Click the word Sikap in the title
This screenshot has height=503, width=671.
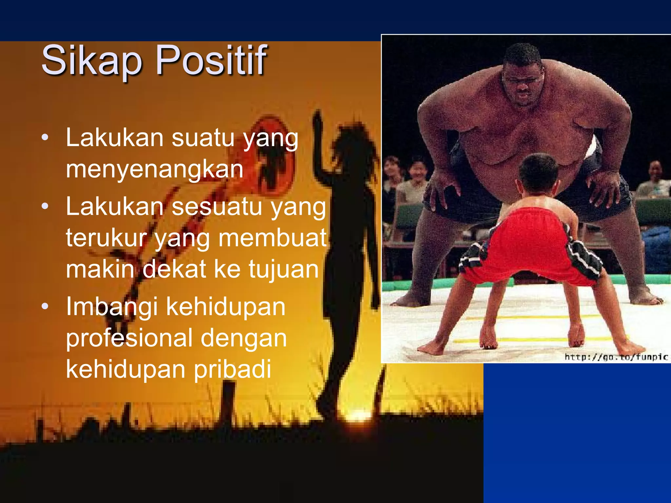coord(92,61)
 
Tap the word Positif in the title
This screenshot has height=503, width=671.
coord(211,61)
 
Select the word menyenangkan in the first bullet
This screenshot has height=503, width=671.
coord(154,169)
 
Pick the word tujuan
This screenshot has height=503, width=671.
coord(283,269)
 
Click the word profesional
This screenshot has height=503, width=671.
coord(129,338)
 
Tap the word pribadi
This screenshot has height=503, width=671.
coord(232,369)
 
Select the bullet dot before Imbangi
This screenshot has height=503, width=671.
coord(45,306)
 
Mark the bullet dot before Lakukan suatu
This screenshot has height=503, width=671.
coord(45,138)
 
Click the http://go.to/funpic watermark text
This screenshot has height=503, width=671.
coord(616,356)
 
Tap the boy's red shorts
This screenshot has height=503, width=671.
coord(531,242)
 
